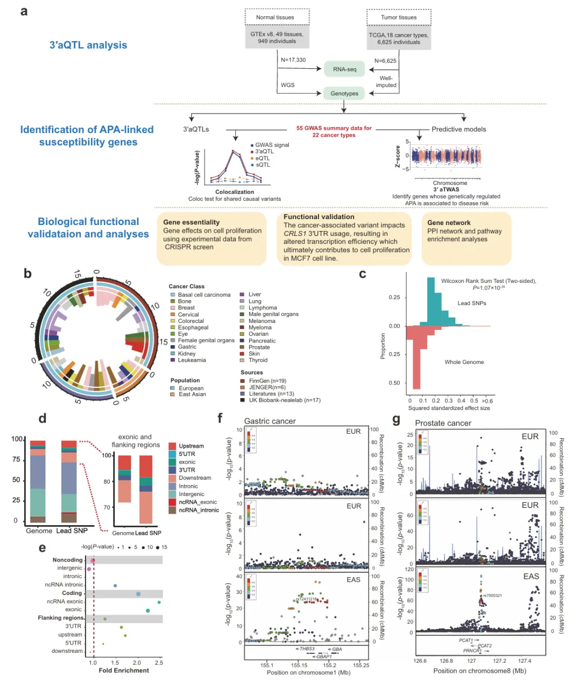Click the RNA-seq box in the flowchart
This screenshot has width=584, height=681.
pos(344,69)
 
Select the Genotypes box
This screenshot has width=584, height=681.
pos(344,93)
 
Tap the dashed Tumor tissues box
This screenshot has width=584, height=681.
pos(399,17)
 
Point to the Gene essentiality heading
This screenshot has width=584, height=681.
pos(191,222)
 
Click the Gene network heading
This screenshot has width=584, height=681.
pos(449,222)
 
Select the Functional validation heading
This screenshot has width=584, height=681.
pos(319,217)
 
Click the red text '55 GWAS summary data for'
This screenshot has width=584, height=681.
pos(334,128)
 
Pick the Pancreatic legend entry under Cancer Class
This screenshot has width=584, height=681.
pos(262,341)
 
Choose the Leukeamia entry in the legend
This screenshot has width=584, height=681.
pos(191,360)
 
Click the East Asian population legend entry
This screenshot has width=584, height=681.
pos(192,394)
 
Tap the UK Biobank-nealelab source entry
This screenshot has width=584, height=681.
pos(284,400)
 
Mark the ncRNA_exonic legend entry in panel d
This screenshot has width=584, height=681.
pos(197,502)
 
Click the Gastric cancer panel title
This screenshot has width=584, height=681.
pos(270,421)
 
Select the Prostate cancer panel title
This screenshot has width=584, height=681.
pos(443,423)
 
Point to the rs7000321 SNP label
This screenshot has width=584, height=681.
pos(493,596)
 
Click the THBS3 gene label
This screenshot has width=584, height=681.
pos(307,649)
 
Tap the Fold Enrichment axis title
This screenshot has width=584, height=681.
pos(124,671)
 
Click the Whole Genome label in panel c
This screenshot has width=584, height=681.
pos(464,362)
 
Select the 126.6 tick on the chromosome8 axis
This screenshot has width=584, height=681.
pos(420,660)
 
